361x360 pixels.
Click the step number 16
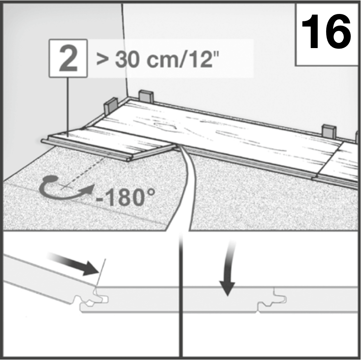[327, 32]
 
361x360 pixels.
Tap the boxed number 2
[68, 59]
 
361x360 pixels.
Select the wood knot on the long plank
[166, 126]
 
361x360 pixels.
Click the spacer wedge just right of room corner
[146, 96]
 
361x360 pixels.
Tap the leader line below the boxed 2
[67, 103]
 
